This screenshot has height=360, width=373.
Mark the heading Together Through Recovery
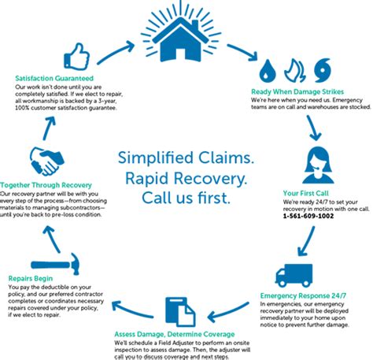(x=45, y=184)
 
